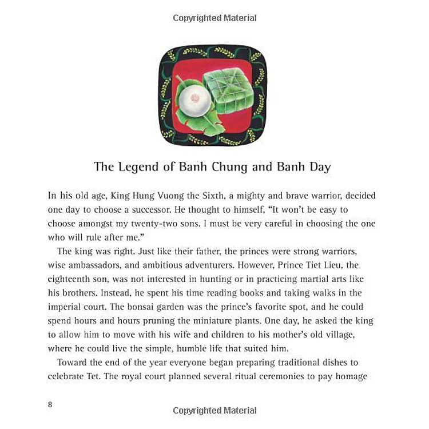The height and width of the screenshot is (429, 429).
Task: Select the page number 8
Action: [50, 404]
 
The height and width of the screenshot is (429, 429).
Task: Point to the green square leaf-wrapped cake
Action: [228, 90]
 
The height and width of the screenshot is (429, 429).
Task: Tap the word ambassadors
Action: [95, 265]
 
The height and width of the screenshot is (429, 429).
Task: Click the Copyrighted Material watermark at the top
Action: [214, 18]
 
